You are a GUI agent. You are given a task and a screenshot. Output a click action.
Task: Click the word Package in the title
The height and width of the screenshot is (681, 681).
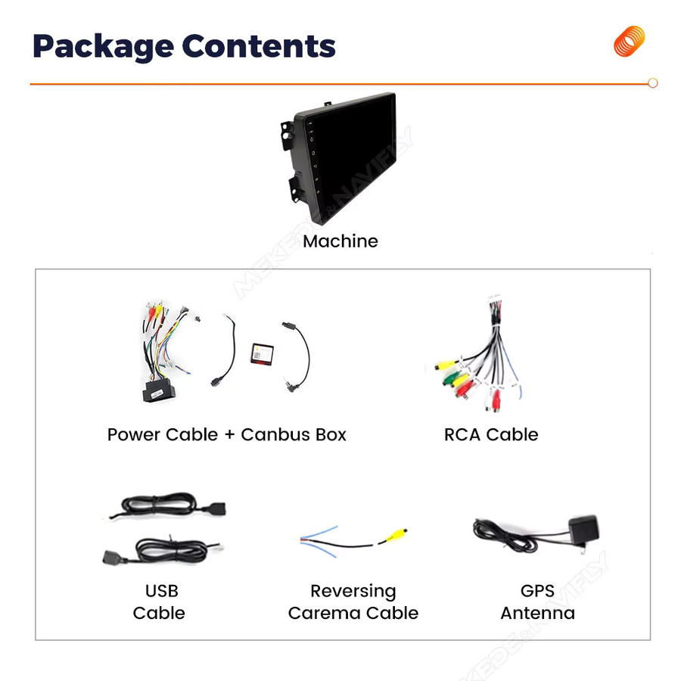click(x=104, y=47)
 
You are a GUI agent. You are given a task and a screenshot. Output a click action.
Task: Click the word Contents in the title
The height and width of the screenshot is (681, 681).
click(x=259, y=45)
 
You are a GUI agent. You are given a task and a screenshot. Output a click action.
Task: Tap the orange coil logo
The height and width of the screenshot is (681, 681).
click(x=629, y=42)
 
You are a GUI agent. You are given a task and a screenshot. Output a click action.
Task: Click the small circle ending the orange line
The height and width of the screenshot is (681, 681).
click(x=652, y=83)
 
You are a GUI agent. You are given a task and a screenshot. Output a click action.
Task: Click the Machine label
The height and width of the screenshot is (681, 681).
click(x=340, y=241)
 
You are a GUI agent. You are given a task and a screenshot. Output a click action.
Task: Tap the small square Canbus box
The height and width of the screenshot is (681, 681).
click(x=262, y=353)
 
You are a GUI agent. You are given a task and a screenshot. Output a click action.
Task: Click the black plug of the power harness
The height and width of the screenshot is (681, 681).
click(x=159, y=391)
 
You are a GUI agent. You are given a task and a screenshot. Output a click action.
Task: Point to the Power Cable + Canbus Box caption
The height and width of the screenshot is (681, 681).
click(x=227, y=435)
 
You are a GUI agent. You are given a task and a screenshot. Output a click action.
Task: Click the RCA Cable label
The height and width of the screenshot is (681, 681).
click(x=491, y=435)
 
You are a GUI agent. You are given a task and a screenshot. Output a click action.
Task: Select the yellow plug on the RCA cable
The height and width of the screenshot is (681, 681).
click(x=446, y=365)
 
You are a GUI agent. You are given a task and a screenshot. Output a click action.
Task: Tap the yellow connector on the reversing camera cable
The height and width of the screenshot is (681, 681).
click(x=396, y=535)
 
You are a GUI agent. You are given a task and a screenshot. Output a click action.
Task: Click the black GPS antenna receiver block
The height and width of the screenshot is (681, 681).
click(x=583, y=530)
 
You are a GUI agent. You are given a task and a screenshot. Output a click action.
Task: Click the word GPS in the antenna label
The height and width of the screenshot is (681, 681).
click(x=537, y=591)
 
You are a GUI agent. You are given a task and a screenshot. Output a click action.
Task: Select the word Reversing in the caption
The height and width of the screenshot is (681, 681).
click(x=353, y=592)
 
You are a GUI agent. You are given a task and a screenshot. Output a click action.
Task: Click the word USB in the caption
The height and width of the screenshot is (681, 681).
click(x=162, y=591)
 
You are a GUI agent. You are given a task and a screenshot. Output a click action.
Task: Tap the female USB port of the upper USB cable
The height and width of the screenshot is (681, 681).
click(x=214, y=508)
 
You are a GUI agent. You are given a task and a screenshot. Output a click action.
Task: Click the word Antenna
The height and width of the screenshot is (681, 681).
click(x=538, y=613)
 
